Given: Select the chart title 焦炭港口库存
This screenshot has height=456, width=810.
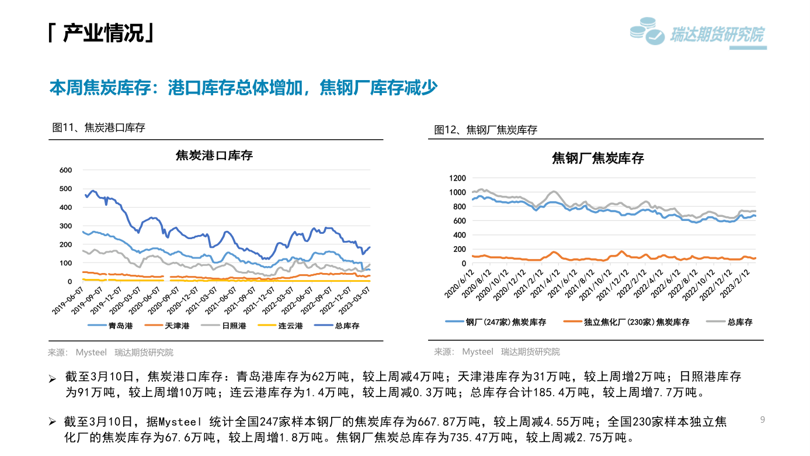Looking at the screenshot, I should pos(214,156).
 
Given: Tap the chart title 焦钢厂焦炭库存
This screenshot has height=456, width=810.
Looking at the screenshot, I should pos(597,158).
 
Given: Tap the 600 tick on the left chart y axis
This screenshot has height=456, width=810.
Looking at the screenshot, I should pos(66,170).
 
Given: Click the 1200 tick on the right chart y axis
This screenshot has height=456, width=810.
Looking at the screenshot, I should pos(457,178).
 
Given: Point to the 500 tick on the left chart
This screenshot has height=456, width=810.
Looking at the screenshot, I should pos(66,189).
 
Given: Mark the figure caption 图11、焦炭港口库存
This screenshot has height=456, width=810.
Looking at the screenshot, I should pos(99,127).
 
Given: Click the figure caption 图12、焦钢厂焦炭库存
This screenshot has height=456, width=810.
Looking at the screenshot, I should pos(486,130).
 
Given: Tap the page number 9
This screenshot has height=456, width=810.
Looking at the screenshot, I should pos(762,419).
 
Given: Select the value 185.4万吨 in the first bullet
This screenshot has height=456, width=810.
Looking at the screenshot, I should pos(564,392).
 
